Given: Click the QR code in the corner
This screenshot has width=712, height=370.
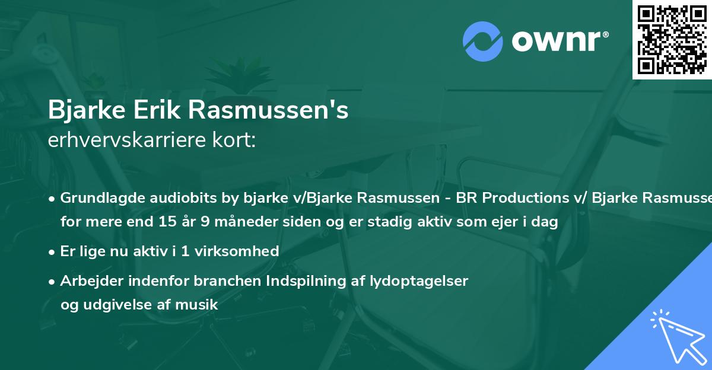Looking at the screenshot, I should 672,39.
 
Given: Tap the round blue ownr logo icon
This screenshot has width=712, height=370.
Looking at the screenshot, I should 482,42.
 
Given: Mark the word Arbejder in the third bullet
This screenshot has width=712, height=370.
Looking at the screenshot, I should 88,280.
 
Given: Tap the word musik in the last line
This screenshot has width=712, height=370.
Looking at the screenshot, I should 200,305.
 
